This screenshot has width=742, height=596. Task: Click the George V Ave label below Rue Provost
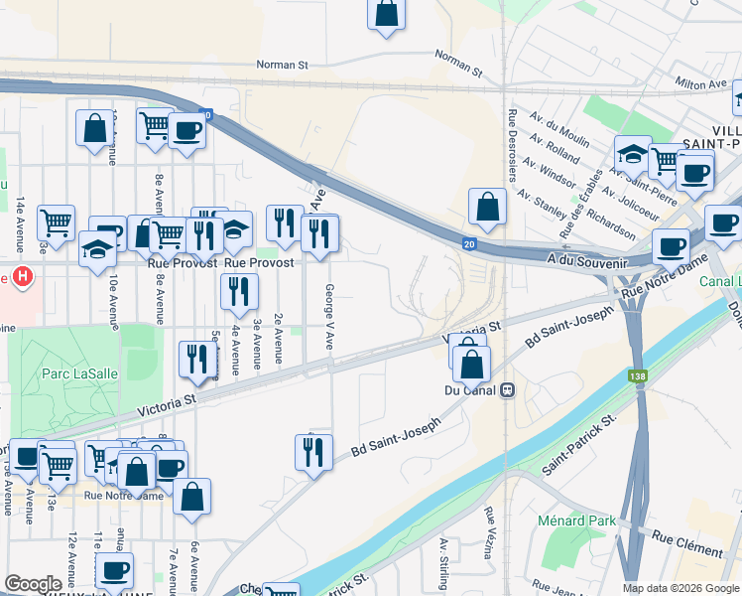coord(328,317)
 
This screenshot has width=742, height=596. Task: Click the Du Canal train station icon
coord(508,389)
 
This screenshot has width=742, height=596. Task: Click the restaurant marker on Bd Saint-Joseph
coord(313,452)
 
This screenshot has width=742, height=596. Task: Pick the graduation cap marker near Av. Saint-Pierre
coord(632,153)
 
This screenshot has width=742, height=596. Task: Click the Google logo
coord(34,584)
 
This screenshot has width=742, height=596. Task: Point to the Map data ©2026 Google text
coord(680,588)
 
